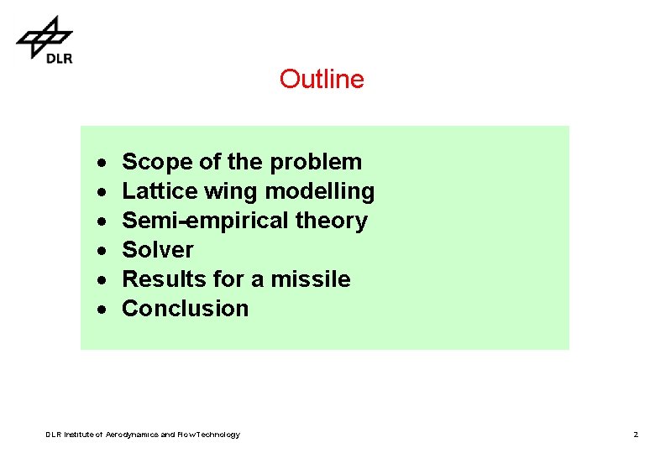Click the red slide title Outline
click(322, 79)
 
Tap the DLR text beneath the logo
click(59, 58)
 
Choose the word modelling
click(319, 191)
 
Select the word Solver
click(158, 250)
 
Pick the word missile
click(311, 279)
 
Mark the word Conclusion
click(186, 308)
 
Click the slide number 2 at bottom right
click(636, 435)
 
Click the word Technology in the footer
click(214, 435)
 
